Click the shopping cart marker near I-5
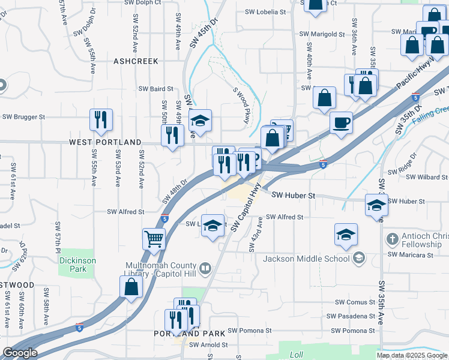click(154, 239)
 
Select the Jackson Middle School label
click(306, 259)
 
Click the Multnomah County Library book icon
click(205, 268)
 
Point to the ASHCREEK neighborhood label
click(136, 61)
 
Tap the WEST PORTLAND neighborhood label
click(105, 142)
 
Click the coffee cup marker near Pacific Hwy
click(342, 122)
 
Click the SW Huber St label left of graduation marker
click(293, 196)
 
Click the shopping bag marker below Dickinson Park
click(131, 287)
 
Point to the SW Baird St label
click(156, 89)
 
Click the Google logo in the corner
click(20, 353)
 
